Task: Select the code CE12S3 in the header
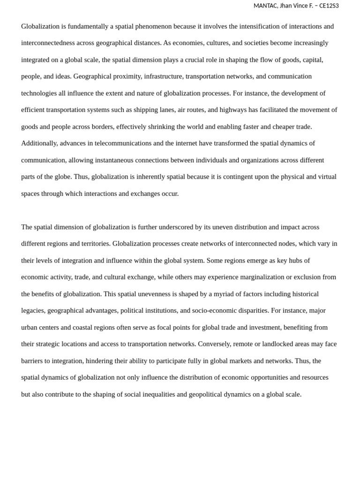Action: [x=329, y=6]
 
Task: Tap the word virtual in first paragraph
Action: [x=326, y=177]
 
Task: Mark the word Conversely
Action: [x=214, y=344]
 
